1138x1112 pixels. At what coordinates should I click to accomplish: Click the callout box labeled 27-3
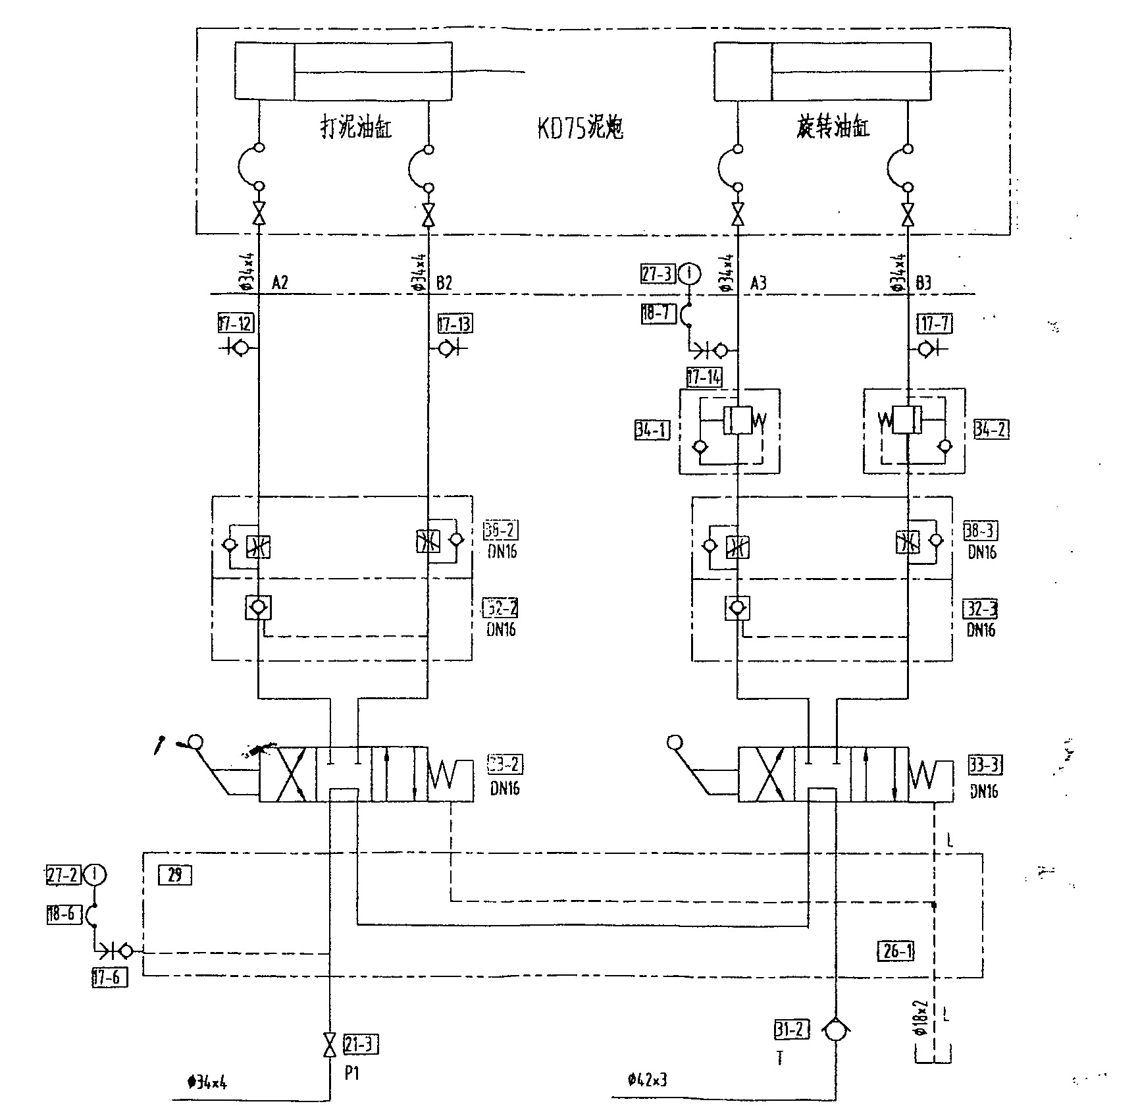tap(657, 273)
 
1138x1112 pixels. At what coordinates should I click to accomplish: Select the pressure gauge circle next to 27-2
tap(96, 875)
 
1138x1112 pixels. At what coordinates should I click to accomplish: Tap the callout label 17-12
tap(236, 324)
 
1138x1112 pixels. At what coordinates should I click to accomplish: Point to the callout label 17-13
tap(455, 324)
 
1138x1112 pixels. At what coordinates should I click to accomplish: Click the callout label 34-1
tap(652, 431)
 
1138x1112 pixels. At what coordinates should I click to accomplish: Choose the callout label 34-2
tap(991, 430)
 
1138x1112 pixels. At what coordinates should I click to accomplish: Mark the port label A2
tap(280, 283)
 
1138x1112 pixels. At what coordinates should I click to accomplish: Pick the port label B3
tap(923, 283)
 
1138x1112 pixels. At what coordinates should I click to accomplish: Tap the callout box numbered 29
tap(175, 875)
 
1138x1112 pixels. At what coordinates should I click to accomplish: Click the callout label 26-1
tap(896, 951)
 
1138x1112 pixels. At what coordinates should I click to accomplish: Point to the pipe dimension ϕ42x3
tap(648, 1080)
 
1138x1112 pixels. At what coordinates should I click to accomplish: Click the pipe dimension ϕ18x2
tap(921, 1019)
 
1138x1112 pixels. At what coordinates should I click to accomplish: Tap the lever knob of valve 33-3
tap(675, 743)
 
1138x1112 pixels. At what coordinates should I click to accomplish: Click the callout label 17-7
tap(935, 324)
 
